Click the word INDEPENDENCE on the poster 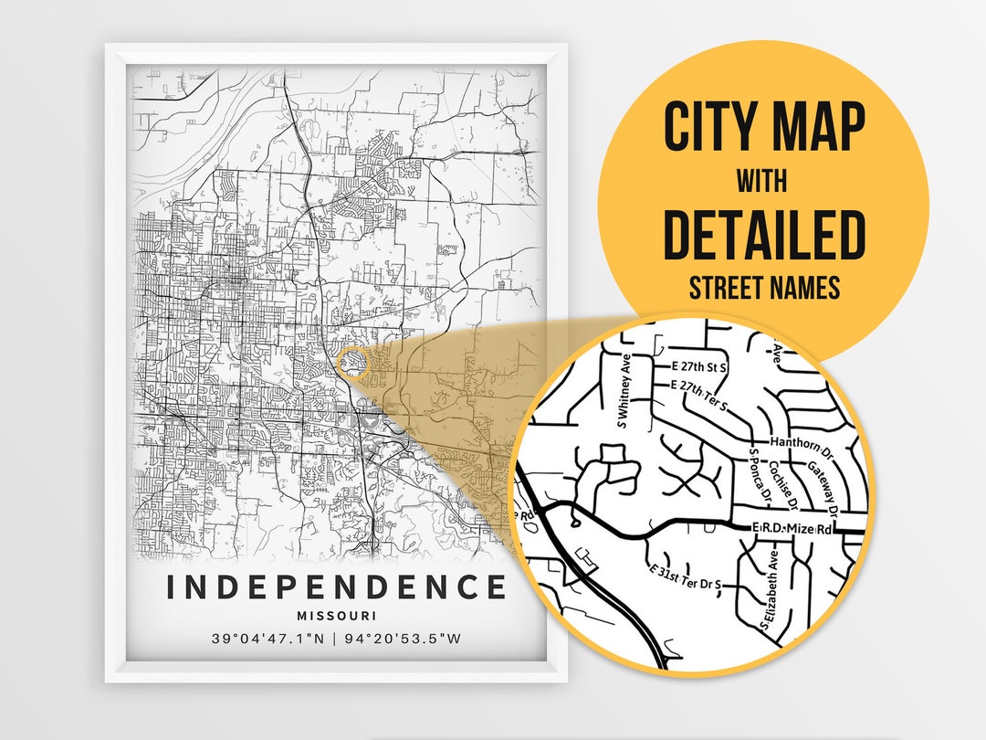pyautogui.click(x=336, y=587)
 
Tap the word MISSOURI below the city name pyautogui.click(x=336, y=617)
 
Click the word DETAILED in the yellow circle pyautogui.click(x=763, y=235)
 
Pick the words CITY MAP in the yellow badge pyautogui.click(x=763, y=128)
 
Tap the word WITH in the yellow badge pyautogui.click(x=763, y=181)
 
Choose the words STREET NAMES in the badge pyautogui.click(x=763, y=288)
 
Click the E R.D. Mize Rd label pyautogui.click(x=793, y=529)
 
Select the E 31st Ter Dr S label pyautogui.click(x=685, y=577)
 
